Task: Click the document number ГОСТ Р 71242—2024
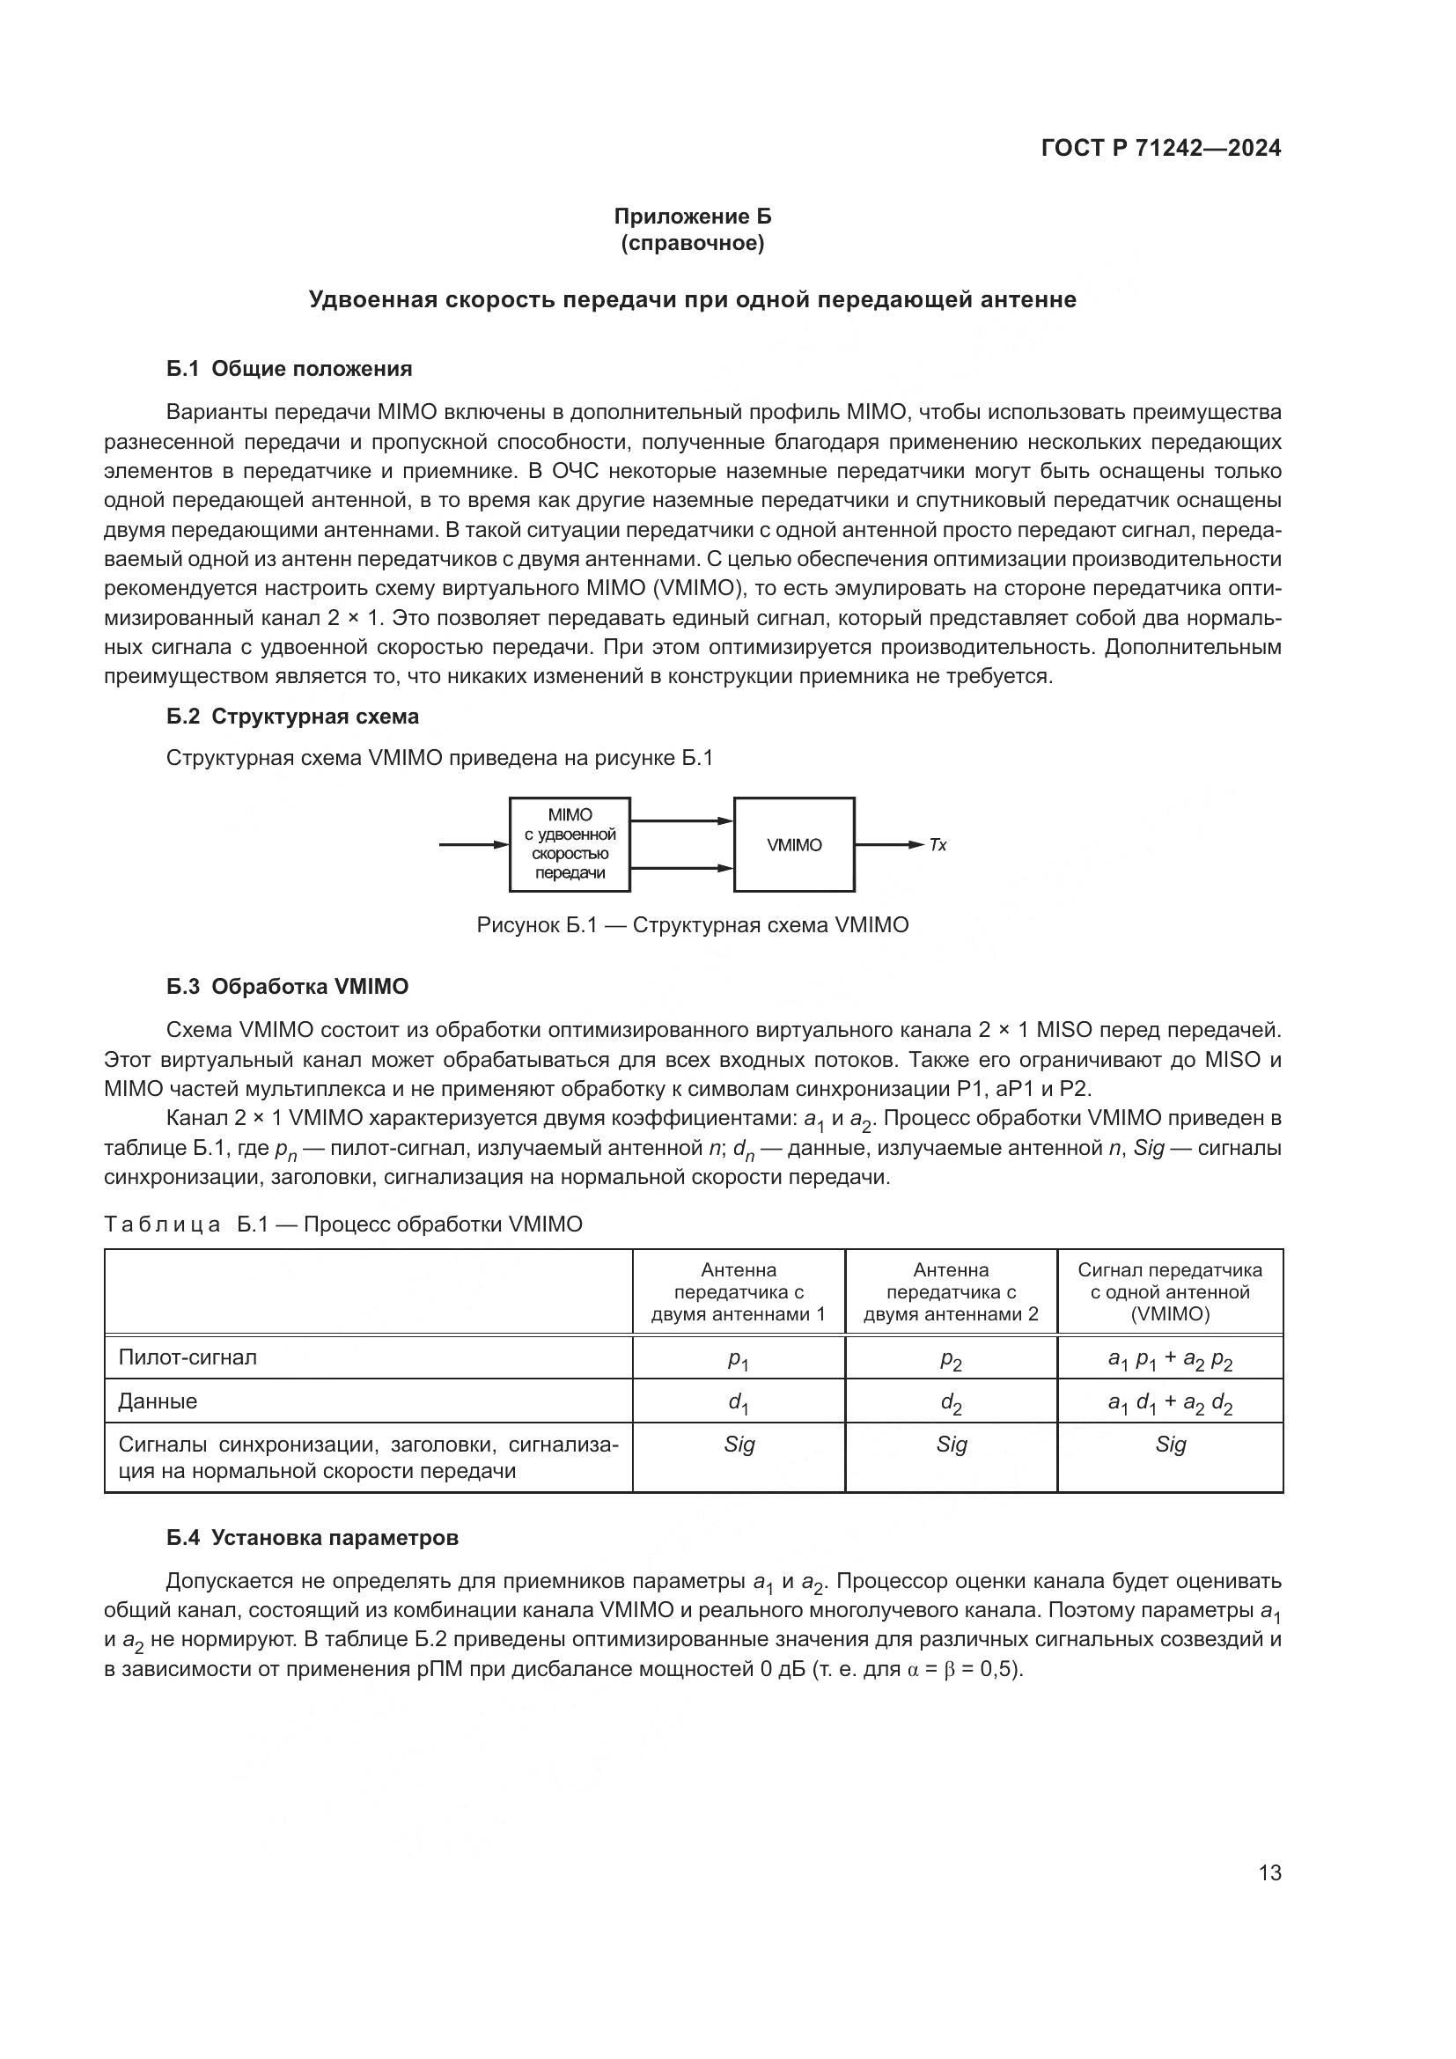(1160, 149)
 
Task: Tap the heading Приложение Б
(692, 217)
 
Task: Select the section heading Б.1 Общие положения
(289, 369)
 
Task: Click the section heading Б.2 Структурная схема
(292, 717)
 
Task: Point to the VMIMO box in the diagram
(793, 845)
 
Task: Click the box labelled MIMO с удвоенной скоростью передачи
(570, 845)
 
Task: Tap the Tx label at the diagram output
(938, 845)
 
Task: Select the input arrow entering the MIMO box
(474, 845)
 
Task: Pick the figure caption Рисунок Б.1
(692, 925)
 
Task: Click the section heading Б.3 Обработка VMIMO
(287, 987)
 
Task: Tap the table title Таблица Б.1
(343, 1224)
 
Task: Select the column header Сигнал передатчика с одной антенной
(1169, 1292)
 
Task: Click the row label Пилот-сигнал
(188, 1357)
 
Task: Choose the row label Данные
(158, 1401)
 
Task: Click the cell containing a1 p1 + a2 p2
(1169, 1360)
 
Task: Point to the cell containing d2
(951, 1403)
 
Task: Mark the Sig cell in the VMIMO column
(1169, 1445)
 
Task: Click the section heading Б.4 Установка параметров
(312, 1538)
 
